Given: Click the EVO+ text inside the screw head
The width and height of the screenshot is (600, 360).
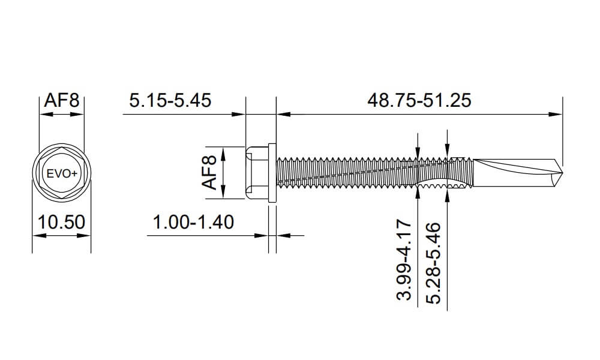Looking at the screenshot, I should [62, 173].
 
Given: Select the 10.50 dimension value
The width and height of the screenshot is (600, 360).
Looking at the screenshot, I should [61, 222].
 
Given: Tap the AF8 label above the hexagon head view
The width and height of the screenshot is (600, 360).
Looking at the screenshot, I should [62, 100].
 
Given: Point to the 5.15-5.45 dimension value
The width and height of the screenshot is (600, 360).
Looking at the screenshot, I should [170, 100].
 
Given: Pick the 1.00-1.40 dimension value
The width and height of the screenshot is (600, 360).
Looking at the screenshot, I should [193, 222].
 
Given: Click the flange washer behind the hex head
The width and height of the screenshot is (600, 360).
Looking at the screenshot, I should [272, 173].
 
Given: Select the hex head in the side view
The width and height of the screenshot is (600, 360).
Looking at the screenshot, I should [257, 173].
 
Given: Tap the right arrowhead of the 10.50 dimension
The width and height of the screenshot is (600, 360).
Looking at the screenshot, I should [86, 235].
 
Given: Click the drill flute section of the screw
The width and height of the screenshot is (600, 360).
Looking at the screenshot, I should [516, 170].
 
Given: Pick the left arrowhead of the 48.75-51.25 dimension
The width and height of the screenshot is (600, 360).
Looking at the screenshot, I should [280, 113].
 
